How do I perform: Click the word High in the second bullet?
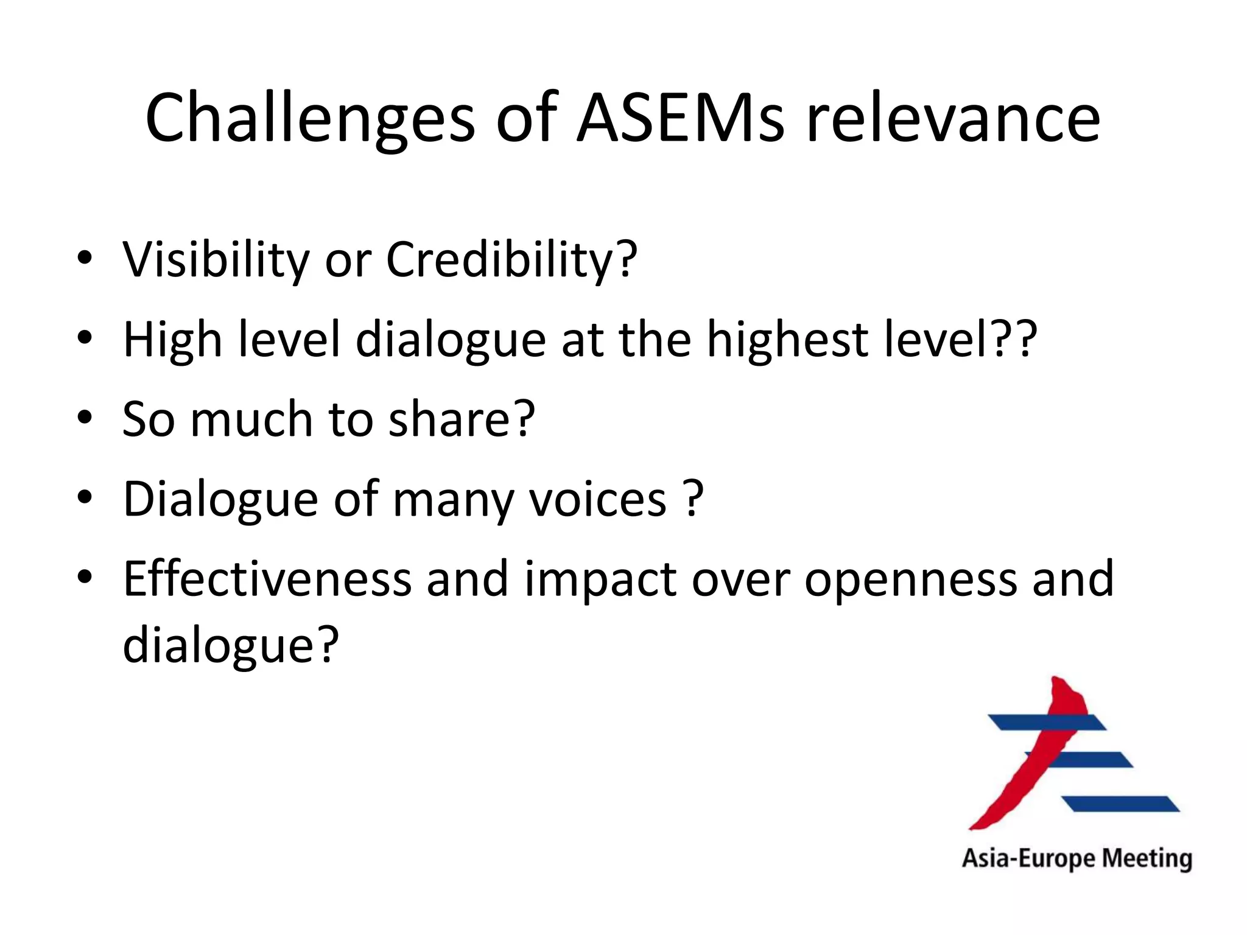coord(172,340)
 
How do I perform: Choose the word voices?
coord(598,499)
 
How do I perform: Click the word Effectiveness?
coord(267,579)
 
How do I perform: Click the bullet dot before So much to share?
coord(85,418)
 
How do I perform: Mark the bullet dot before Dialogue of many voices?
coord(85,498)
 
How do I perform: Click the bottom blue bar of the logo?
coord(1122,804)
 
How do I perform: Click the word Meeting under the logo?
coord(1147,859)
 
